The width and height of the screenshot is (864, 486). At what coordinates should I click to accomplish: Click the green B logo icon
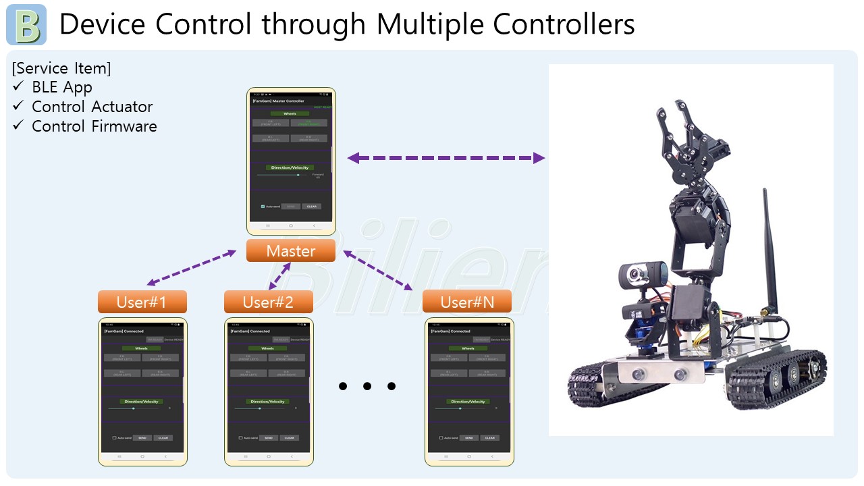point(26,25)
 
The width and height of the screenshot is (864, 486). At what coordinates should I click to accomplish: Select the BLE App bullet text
point(61,87)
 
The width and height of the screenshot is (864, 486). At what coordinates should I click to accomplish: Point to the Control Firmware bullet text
point(94,126)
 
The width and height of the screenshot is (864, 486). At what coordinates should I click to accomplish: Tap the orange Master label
point(290,251)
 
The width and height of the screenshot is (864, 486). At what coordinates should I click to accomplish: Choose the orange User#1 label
point(142,302)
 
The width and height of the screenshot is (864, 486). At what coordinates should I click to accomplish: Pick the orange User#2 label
point(268,302)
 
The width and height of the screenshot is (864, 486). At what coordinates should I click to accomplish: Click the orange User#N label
point(466,302)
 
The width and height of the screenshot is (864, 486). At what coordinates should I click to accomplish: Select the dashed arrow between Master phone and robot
point(446,158)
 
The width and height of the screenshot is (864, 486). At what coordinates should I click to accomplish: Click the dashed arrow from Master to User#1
point(192,267)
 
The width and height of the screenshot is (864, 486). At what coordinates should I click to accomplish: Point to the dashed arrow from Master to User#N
point(378,270)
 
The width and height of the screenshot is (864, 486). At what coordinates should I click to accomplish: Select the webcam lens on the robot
point(637,274)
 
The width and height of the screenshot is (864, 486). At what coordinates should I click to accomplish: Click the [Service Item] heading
point(61,68)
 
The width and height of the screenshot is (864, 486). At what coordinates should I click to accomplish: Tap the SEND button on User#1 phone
point(142,438)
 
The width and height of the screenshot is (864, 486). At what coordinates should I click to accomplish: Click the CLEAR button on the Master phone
point(311,207)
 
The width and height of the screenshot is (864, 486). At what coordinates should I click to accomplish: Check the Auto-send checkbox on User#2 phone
point(241,438)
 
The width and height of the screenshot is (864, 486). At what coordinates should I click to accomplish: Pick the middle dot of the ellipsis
point(367,386)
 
